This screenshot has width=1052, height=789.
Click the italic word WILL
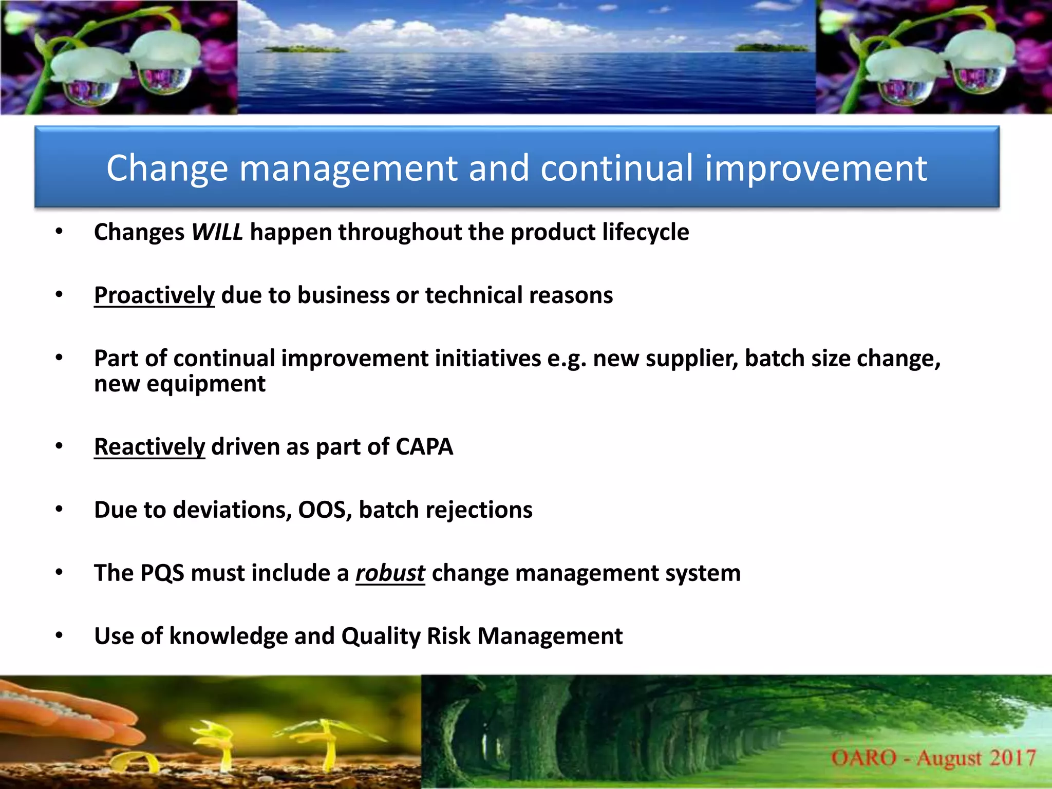[217, 232]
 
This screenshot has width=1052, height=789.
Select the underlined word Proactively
[154, 295]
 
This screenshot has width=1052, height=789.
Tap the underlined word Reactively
[149, 447]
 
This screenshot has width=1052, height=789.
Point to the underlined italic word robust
[390, 573]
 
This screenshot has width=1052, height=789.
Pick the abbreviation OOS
[325, 510]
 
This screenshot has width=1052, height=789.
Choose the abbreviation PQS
[162, 573]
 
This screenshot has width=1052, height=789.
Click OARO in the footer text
[863, 758]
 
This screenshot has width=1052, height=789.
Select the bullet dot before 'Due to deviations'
[59, 510]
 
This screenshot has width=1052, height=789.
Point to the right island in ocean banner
[771, 48]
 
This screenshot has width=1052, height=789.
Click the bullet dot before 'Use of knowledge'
[59, 636]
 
